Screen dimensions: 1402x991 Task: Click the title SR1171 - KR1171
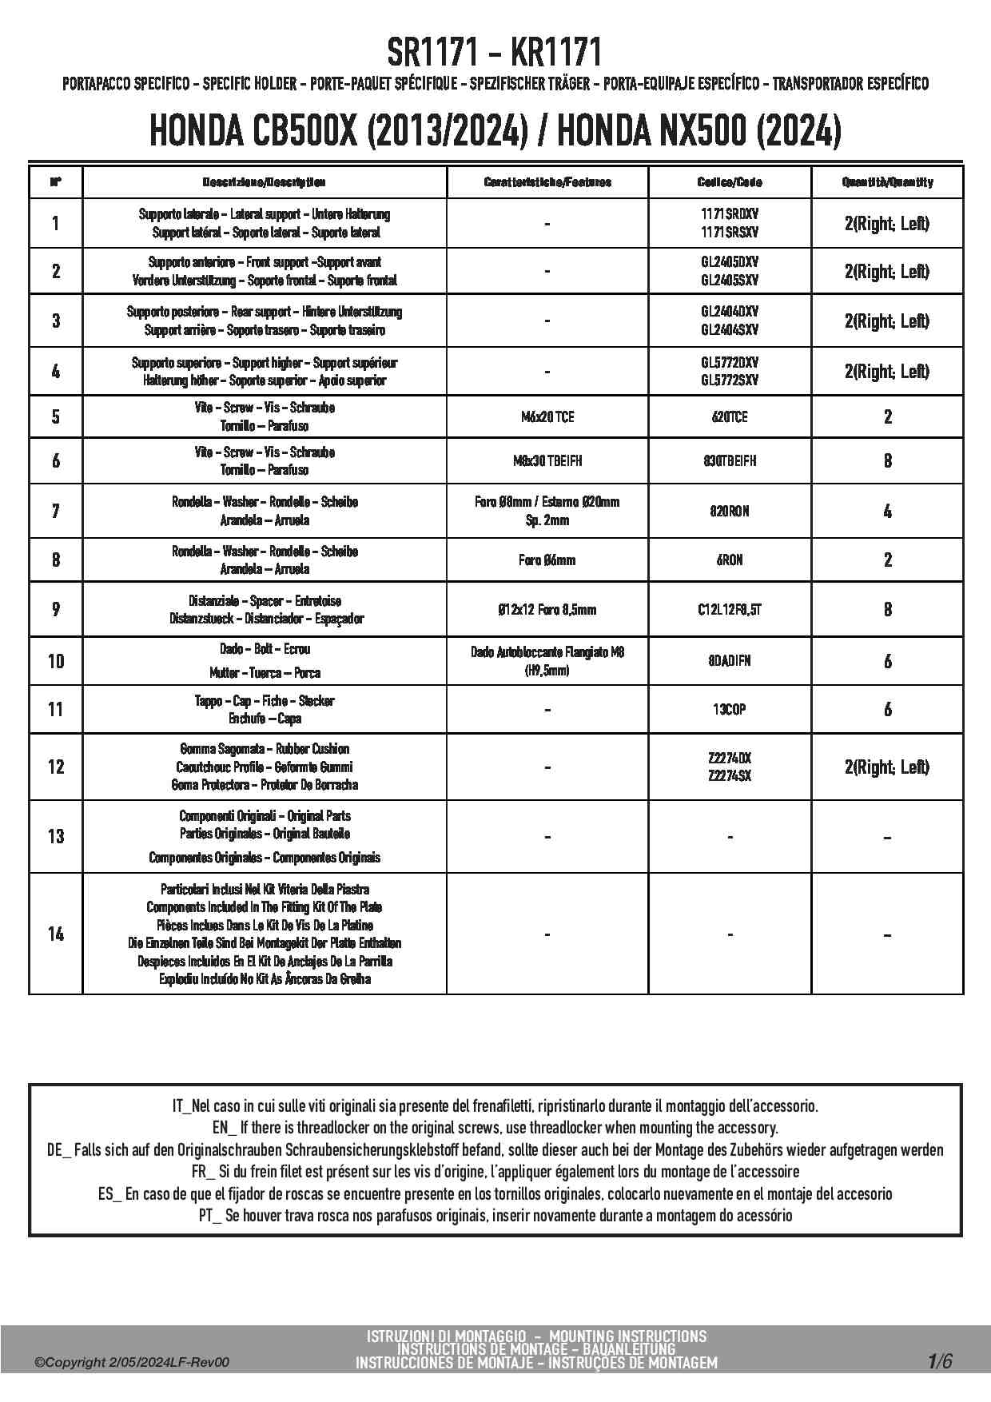(x=495, y=54)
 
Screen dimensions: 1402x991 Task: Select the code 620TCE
(x=729, y=416)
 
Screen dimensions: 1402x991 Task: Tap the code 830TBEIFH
(x=729, y=461)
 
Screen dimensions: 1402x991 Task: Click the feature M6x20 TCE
(x=547, y=416)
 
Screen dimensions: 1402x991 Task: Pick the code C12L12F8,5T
(x=729, y=610)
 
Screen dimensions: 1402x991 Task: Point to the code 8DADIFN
(x=729, y=661)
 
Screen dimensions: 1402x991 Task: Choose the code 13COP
(x=729, y=709)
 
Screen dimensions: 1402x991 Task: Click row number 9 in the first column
(x=55, y=610)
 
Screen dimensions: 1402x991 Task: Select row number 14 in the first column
(x=55, y=934)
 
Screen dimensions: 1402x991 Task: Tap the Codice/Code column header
(x=729, y=182)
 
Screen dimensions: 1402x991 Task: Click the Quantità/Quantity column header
(x=887, y=182)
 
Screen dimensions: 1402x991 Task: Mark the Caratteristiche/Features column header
(x=547, y=182)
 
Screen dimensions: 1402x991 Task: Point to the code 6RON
(x=729, y=560)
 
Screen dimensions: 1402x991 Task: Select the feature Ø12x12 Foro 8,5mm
(x=547, y=610)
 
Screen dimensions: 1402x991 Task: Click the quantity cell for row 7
(x=887, y=511)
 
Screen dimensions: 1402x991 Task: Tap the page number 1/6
(x=939, y=1361)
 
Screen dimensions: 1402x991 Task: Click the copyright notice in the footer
(x=132, y=1362)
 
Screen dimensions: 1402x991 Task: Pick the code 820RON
(x=729, y=511)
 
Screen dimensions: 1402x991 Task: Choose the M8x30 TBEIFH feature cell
(x=547, y=461)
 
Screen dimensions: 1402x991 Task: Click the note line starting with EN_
(x=495, y=1128)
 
